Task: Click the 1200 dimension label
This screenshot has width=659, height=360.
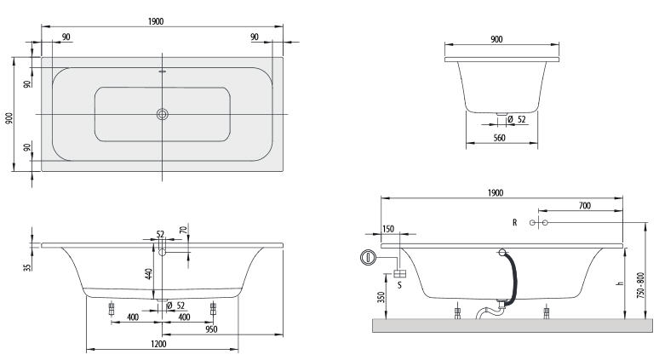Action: pyautogui.click(x=158, y=344)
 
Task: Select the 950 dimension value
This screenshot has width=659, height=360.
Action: pyautogui.click(x=211, y=329)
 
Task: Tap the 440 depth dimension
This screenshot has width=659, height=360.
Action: pyautogui.click(x=148, y=274)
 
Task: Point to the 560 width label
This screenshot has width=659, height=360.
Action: pyautogui.click(x=499, y=138)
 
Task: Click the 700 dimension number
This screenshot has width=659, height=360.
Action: pyautogui.click(x=585, y=205)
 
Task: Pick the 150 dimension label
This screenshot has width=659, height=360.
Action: pyautogui.click(x=388, y=229)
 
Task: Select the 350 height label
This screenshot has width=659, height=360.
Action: pyautogui.click(x=381, y=297)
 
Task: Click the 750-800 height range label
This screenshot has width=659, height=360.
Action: pyautogui.click(x=640, y=286)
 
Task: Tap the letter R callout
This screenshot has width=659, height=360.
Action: pyautogui.click(x=515, y=223)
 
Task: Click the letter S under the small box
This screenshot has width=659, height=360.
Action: pyautogui.click(x=399, y=285)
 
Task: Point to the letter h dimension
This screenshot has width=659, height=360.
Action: pyautogui.click(x=619, y=283)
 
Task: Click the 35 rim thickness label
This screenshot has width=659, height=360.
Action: pyautogui.click(x=28, y=267)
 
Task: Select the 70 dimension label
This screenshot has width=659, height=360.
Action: pyautogui.click(x=183, y=230)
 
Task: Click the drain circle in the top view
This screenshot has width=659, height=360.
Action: pyautogui.click(x=163, y=114)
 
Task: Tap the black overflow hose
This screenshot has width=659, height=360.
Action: pyautogui.click(x=512, y=277)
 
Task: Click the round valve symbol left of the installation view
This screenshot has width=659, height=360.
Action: pyautogui.click(x=368, y=258)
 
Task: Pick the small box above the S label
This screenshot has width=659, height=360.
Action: pyautogui.click(x=399, y=274)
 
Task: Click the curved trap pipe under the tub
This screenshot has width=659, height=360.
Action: pyautogui.click(x=489, y=311)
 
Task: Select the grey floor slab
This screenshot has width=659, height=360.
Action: pyautogui.click(x=513, y=326)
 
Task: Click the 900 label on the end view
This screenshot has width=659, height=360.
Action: pyautogui.click(x=496, y=39)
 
